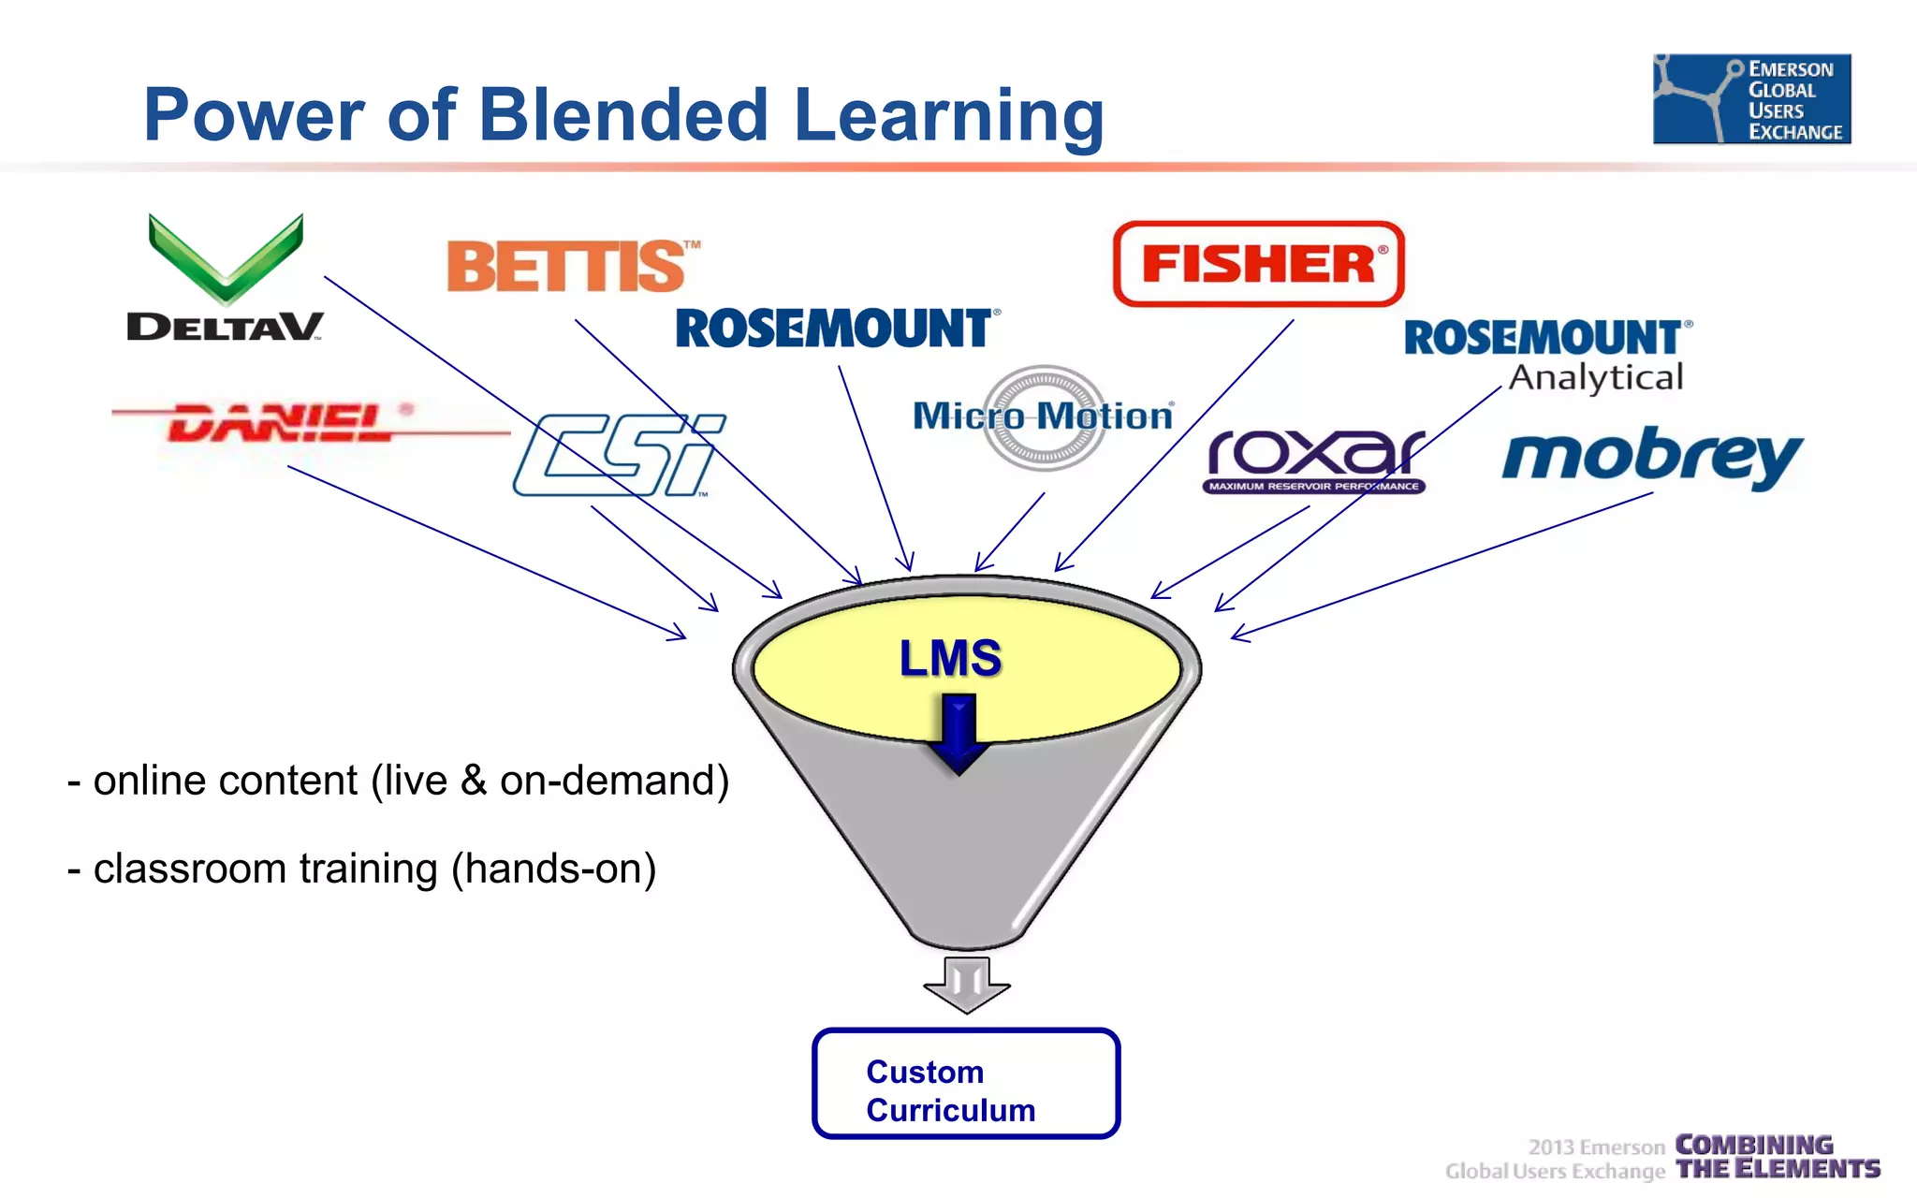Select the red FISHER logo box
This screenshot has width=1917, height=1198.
pyautogui.click(x=1258, y=264)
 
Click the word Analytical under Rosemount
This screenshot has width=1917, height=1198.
pyautogui.click(x=1596, y=377)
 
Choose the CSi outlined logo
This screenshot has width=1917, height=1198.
pyautogui.click(x=618, y=455)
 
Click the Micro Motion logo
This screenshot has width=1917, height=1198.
pyautogui.click(x=1044, y=416)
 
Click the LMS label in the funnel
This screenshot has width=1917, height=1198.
pyautogui.click(x=950, y=658)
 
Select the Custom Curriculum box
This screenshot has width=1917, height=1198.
pyautogui.click(x=966, y=1084)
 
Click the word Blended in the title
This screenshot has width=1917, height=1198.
pyautogui.click(x=622, y=115)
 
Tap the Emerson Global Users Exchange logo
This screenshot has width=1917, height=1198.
pyautogui.click(x=1751, y=99)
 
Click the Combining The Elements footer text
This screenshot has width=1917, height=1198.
pyautogui.click(x=1776, y=1157)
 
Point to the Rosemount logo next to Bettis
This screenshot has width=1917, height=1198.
pyautogui.click(x=836, y=329)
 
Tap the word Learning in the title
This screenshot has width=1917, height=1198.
pyautogui.click(x=948, y=115)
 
